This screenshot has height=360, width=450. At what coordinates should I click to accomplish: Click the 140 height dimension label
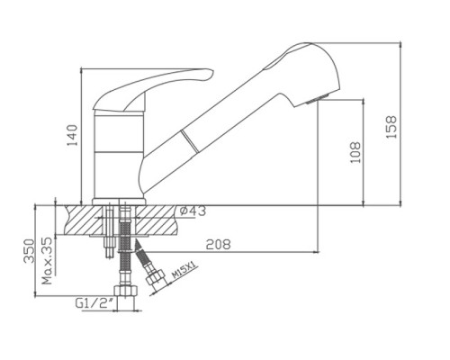point(72,135)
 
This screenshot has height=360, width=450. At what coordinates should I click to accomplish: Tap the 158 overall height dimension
point(391,127)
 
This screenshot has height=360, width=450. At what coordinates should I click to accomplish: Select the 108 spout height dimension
point(355,152)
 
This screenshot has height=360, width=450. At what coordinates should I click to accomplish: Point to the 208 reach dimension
point(218,245)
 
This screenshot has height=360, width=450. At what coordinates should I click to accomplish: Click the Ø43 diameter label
point(193,211)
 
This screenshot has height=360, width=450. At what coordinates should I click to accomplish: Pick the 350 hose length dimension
point(30,251)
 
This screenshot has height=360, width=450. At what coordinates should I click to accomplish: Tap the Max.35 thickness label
point(47,261)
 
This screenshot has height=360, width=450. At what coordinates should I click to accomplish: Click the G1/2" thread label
point(94,303)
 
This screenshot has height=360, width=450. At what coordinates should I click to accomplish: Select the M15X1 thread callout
point(184,270)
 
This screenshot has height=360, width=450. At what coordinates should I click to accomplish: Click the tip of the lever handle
point(211,73)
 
